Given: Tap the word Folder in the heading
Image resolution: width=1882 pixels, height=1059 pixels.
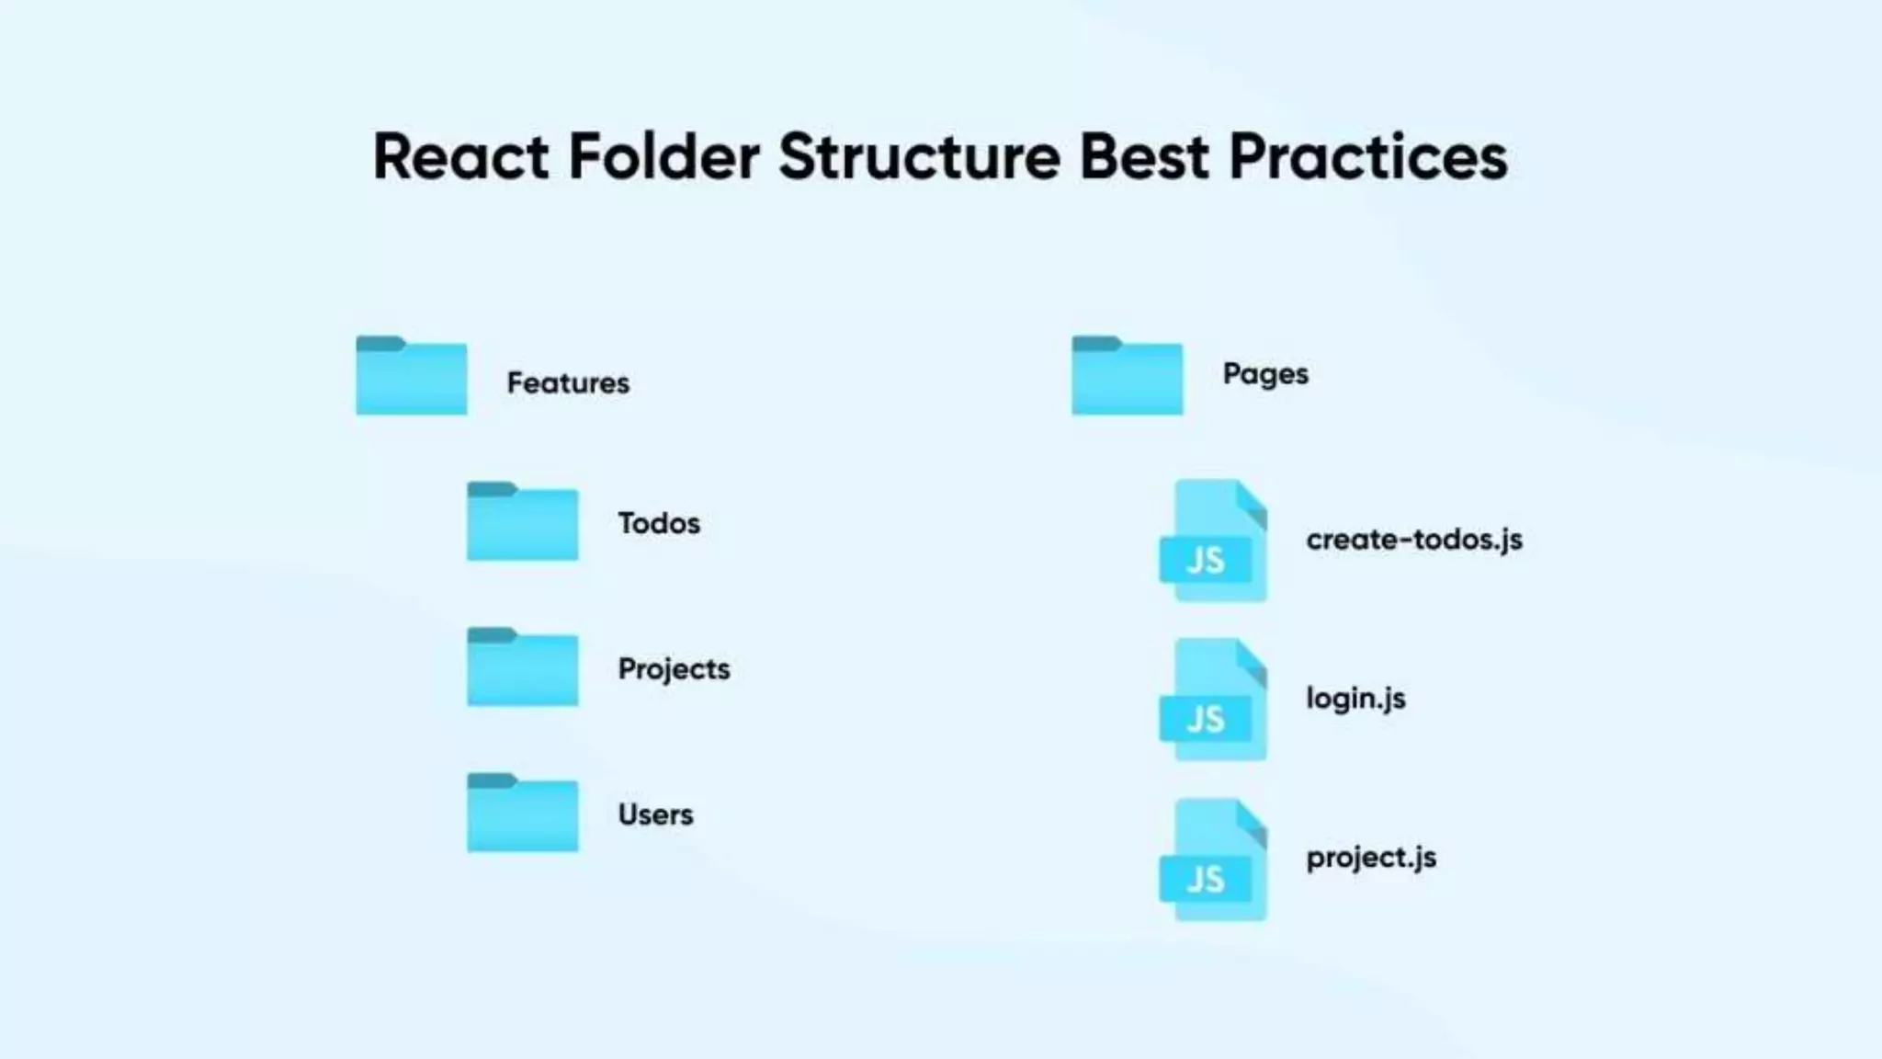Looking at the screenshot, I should pyautogui.click(x=663, y=156).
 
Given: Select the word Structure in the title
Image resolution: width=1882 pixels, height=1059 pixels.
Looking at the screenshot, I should pyautogui.click(x=919, y=156).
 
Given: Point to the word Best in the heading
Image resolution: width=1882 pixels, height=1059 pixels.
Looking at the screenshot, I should pyautogui.click(x=1143, y=156).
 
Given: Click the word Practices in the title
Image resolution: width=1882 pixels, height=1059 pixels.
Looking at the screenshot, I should pyautogui.click(x=1367, y=156).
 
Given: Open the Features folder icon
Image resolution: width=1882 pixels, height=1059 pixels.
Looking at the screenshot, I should pyautogui.click(x=412, y=376).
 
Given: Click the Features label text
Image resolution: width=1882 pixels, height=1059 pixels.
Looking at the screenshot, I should pyautogui.click(x=568, y=382).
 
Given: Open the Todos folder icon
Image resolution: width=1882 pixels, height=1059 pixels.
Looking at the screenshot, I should pyautogui.click(x=523, y=521).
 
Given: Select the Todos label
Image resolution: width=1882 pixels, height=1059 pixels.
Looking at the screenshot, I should pyautogui.click(x=659, y=523).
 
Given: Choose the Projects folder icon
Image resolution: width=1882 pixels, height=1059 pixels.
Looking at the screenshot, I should pyautogui.click(x=523, y=667).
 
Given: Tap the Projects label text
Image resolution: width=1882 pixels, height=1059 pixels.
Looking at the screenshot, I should pyautogui.click(x=674, y=669).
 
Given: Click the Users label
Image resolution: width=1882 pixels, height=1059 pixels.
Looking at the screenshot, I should pyautogui.click(x=655, y=814).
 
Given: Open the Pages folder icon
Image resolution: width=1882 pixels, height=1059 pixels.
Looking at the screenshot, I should pyautogui.click(x=1127, y=376).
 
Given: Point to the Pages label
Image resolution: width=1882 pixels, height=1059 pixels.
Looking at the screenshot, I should pyautogui.click(x=1265, y=374).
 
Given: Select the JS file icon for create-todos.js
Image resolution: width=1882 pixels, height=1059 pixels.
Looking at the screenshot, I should pyautogui.click(x=1214, y=541).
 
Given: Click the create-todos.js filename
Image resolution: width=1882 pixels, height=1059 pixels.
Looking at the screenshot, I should pyautogui.click(x=1414, y=540).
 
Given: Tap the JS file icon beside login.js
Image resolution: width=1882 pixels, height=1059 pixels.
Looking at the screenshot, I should pyautogui.click(x=1214, y=700).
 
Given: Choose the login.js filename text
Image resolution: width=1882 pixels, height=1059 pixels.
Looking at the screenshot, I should pyautogui.click(x=1355, y=699).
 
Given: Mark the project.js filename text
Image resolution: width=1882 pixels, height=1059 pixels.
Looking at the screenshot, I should pyautogui.click(x=1371, y=858).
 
